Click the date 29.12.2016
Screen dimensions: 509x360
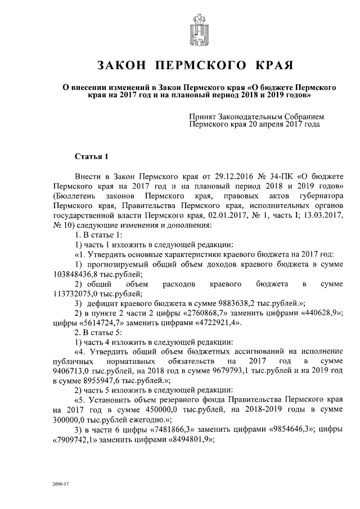[x=223, y=176]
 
